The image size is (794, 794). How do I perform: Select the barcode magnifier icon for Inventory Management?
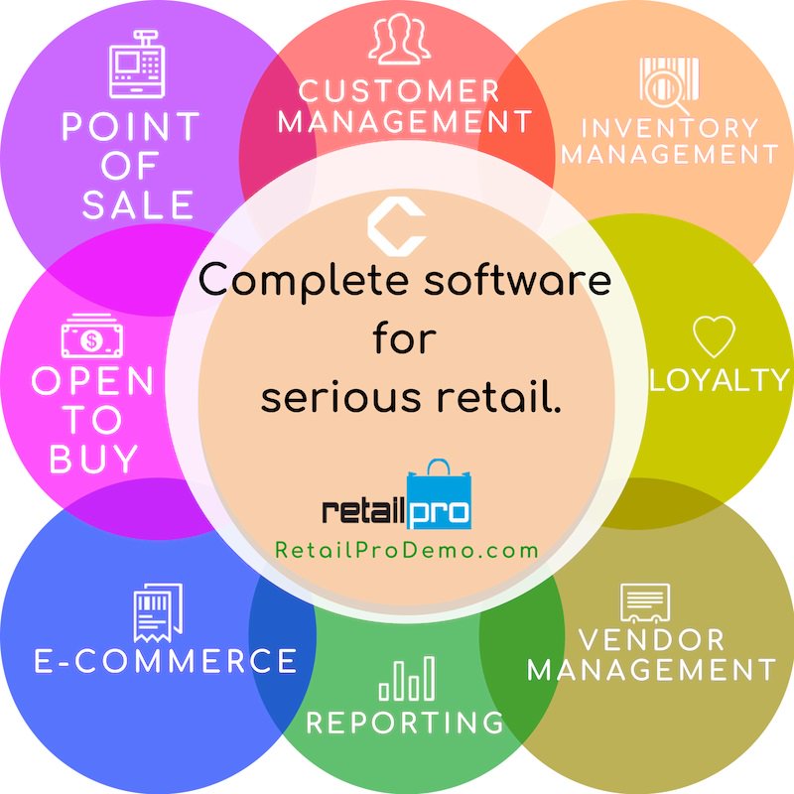coord(669,85)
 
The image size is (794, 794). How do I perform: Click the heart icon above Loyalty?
coord(714,337)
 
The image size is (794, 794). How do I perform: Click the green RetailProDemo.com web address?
coord(407,550)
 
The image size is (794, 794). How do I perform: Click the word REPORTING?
coord(405,723)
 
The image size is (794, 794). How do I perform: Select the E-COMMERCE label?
coord(166,661)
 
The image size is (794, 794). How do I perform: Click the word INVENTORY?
coord(669,128)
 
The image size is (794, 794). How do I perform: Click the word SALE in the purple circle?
coord(138,204)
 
